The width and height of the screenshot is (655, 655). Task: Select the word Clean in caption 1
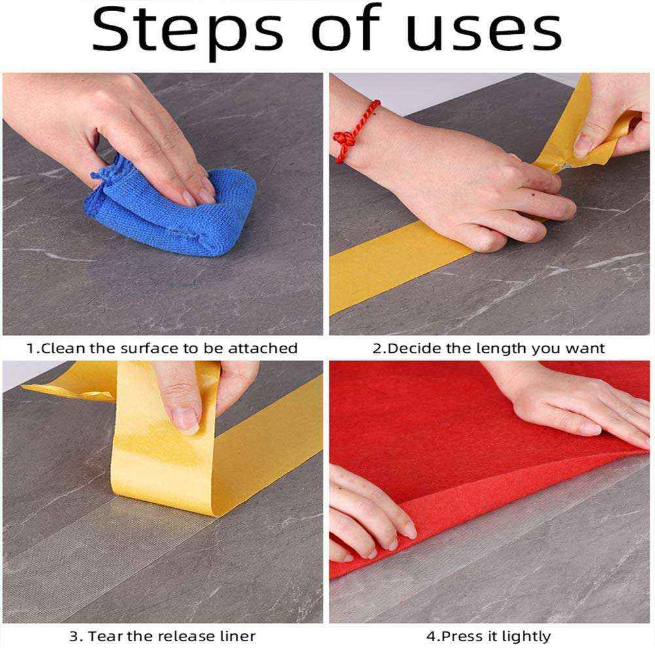coord(63,349)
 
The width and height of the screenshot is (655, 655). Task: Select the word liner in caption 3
coord(237,636)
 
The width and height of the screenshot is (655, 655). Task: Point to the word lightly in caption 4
coord(527,636)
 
